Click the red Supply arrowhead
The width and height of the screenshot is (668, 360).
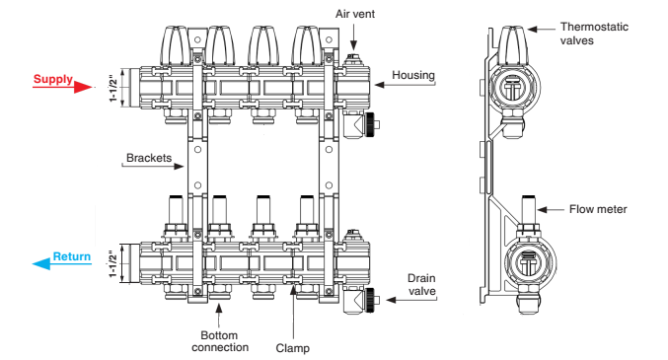[x=83, y=88]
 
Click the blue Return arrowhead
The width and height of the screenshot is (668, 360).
[x=41, y=264]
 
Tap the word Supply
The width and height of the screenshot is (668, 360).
[x=53, y=79]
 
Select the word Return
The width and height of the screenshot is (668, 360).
[x=72, y=256]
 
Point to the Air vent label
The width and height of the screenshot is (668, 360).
[x=355, y=14]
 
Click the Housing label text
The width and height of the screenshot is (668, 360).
[x=413, y=75]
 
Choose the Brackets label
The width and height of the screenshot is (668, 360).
[x=149, y=158]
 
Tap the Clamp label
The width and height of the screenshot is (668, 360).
[x=293, y=348]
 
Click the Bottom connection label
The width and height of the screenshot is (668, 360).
[x=220, y=341]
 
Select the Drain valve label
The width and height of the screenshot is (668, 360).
[x=421, y=285]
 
